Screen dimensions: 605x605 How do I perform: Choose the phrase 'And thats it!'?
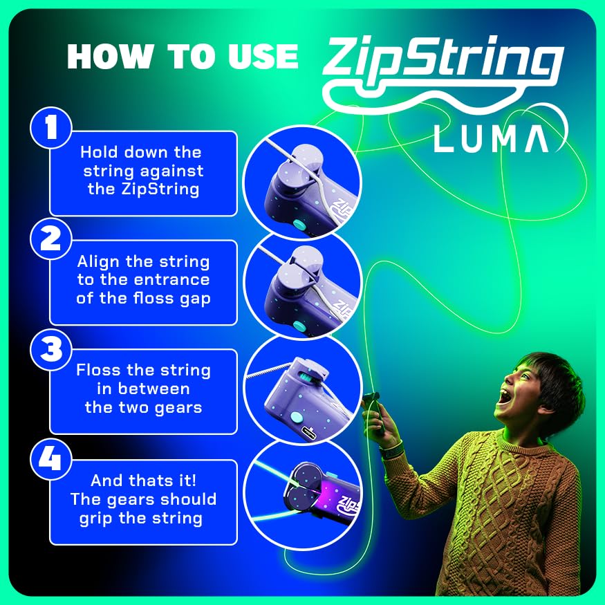click(x=143, y=481)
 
